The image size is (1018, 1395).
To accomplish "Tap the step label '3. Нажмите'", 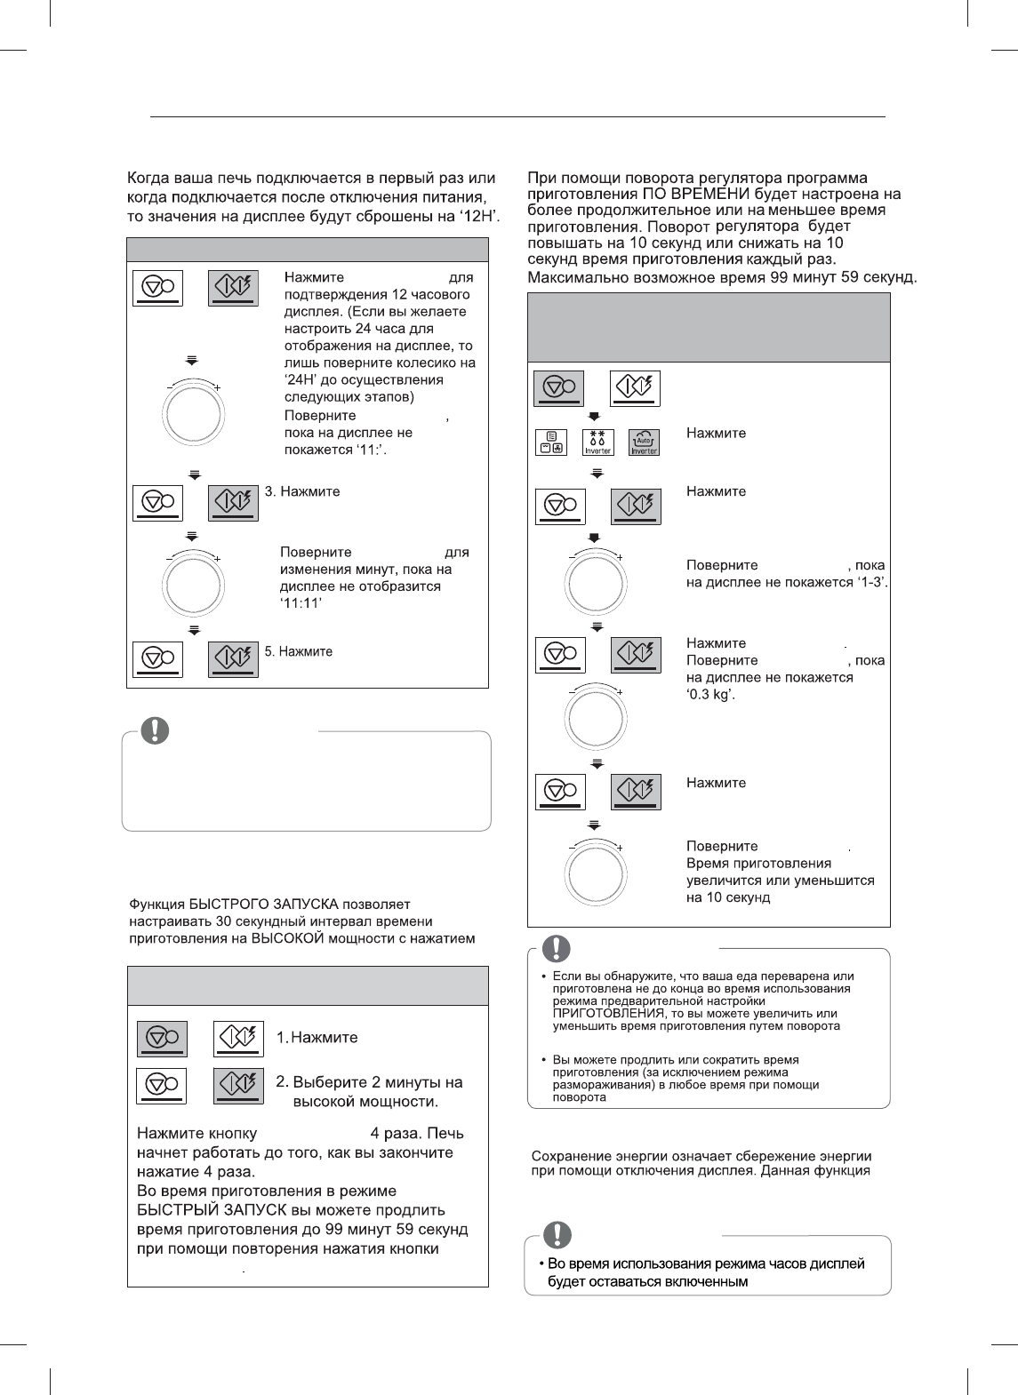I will tap(302, 491).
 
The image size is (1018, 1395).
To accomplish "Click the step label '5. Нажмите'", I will tap(299, 651).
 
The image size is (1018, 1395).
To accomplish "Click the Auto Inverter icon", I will tap(644, 442).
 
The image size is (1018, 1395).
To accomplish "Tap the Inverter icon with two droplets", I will tap(597, 442).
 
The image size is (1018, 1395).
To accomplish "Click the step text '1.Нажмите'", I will tap(317, 1037).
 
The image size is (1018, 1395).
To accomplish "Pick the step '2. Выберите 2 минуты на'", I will tap(369, 1082).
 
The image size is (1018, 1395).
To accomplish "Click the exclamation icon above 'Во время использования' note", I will tap(557, 1235).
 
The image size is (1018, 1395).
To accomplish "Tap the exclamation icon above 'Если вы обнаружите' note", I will tap(557, 948).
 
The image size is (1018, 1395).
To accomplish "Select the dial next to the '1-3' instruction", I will tap(596, 583).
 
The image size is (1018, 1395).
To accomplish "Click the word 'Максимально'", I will tap(573, 277).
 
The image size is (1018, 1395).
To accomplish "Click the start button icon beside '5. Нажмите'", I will tap(233, 658).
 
